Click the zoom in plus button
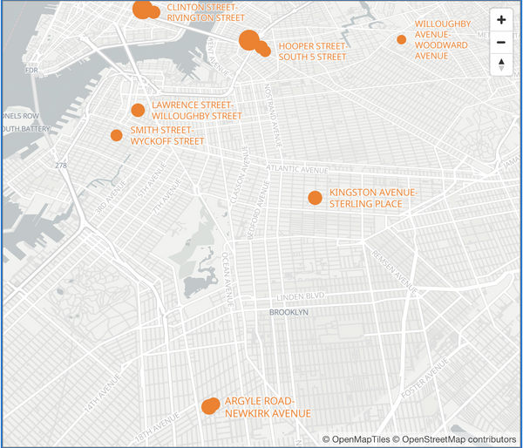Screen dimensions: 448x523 pos(501,20)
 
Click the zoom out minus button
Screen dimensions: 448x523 pos(501,43)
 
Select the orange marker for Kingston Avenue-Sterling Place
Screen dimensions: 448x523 pos(315,198)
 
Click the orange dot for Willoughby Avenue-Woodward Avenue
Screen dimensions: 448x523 pos(402,39)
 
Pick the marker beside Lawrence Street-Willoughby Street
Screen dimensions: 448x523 pos(138,110)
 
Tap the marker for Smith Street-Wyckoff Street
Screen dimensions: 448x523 pos(116,135)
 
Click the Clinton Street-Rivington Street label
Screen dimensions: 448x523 pos(205,11)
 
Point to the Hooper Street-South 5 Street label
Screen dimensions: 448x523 pos(312,51)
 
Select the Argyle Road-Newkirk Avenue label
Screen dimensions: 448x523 pos(267,407)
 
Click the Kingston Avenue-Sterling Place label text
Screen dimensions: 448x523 pos(373,198)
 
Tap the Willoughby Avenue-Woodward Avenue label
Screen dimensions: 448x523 pos(444,39)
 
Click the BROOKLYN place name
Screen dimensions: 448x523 pos(289,312)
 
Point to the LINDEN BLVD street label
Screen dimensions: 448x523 pos(301,297)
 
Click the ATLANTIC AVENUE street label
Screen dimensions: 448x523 pos(299,169)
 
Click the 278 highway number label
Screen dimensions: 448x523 pos(60,166)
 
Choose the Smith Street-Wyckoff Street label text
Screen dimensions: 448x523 pos(167,135)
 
